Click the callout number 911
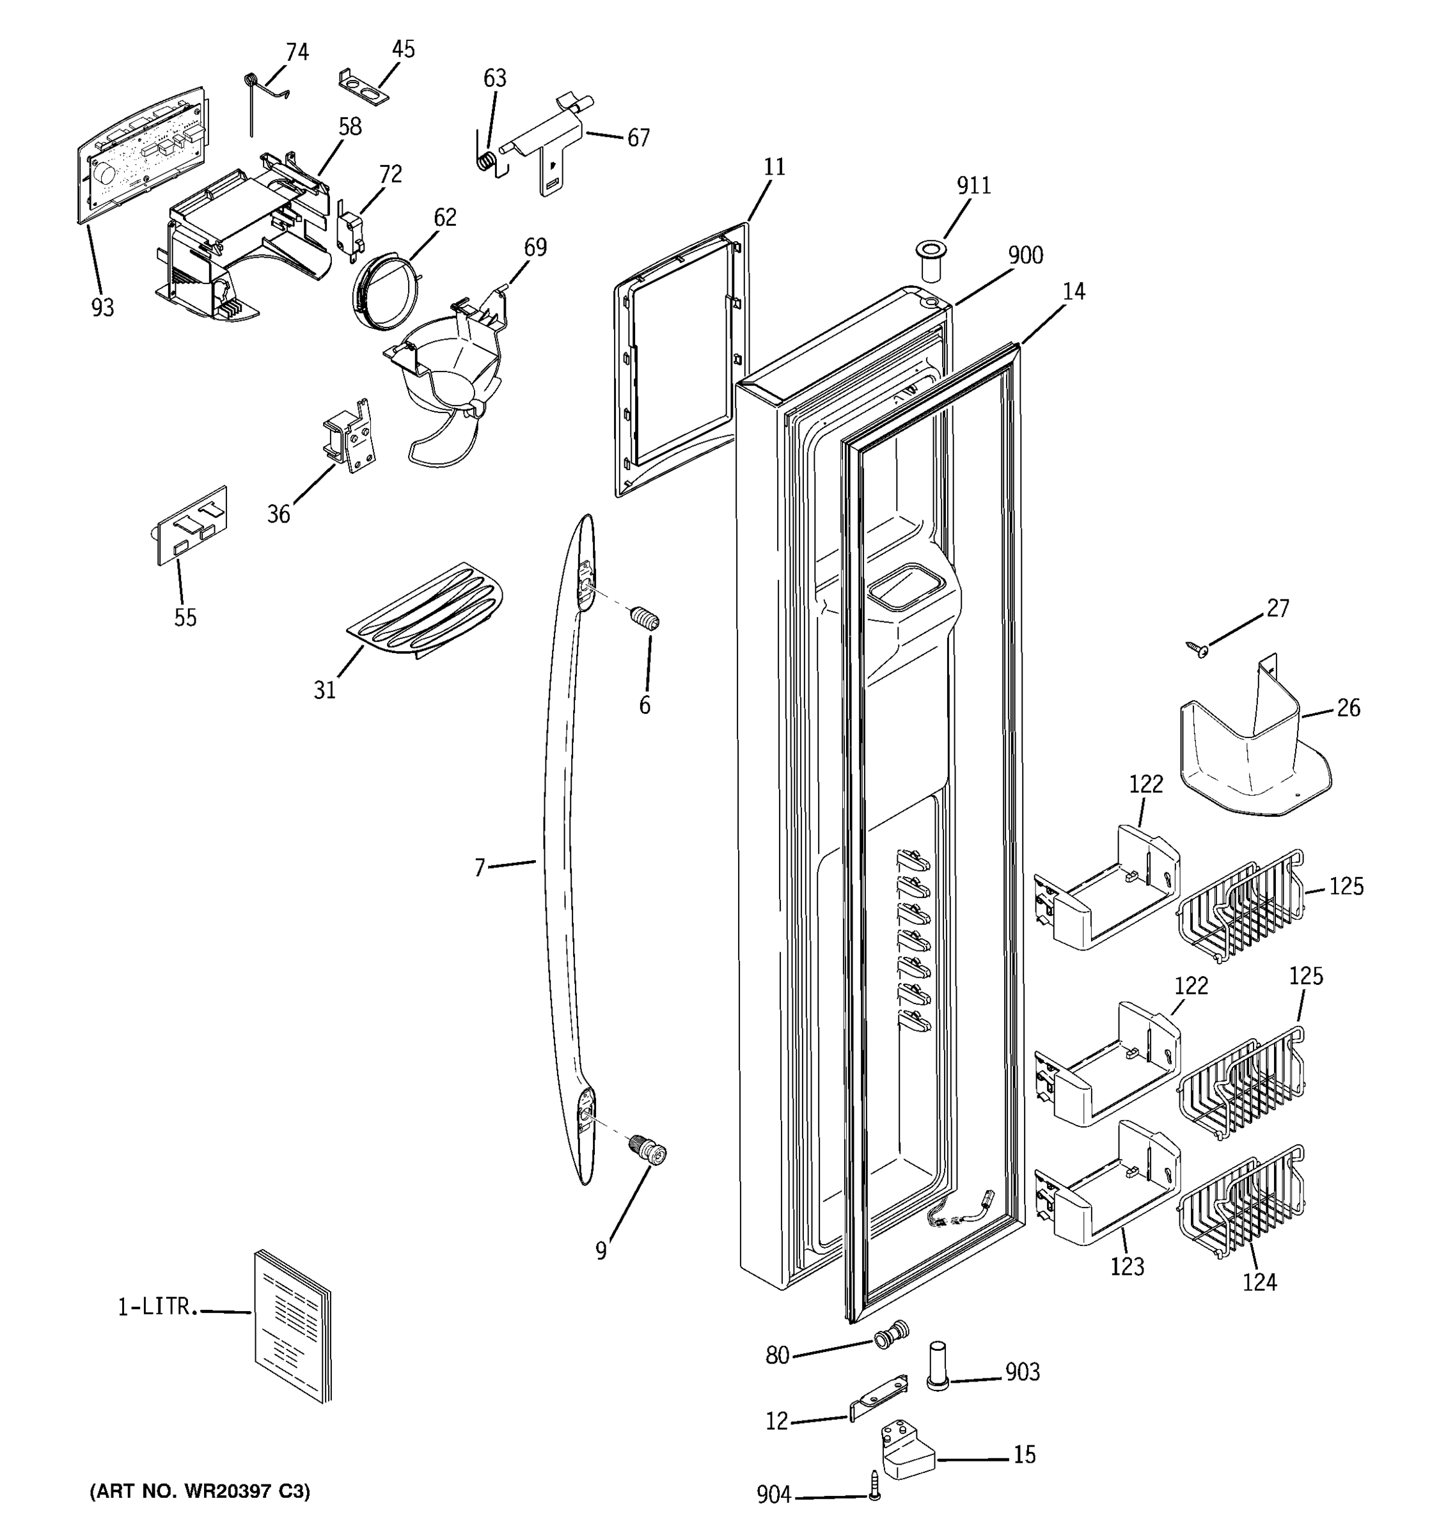973,186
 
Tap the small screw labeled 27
1197,649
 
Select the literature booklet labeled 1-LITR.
292,1325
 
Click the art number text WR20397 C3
200,1491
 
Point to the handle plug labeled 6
645,618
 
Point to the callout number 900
1025,256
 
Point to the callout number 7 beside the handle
480,869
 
